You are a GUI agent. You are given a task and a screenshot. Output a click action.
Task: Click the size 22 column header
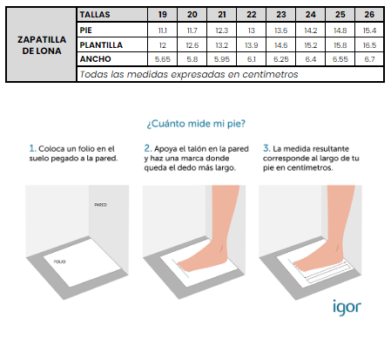pos(251,14)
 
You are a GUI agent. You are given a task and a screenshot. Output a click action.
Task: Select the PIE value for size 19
pos(163,31)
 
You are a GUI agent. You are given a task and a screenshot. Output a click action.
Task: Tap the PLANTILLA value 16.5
pos(369,45)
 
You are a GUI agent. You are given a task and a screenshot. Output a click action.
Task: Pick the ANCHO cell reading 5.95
pos(222,59)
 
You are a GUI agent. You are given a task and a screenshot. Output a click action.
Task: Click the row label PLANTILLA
pos(101,45)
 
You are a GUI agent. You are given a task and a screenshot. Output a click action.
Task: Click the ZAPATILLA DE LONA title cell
pos(42,45)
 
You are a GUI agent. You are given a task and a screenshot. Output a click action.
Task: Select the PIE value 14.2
pos(310,31)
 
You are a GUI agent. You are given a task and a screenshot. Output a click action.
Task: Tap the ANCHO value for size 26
pos(369,59)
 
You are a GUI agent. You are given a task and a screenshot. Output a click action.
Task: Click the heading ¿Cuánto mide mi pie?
pos(196,124)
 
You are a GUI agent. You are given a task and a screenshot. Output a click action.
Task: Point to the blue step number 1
pos(32,148)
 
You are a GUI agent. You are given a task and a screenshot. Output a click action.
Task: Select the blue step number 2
pos(148,148)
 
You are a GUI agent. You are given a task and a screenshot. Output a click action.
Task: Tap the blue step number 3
pos(266,148)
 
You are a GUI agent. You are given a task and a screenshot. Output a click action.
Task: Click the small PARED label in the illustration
pos(100,205)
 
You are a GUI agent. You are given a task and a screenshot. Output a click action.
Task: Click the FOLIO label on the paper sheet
pos(59,262)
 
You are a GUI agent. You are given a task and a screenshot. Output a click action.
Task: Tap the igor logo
pos(347,308)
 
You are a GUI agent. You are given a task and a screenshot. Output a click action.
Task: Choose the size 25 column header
pos(340,14)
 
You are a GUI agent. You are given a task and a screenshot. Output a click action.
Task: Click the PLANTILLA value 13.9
pos(252,45)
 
